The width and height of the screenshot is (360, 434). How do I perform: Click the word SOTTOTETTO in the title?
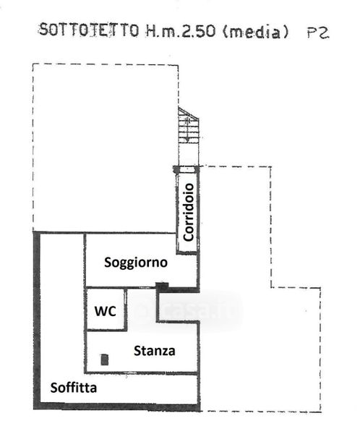(88, 30)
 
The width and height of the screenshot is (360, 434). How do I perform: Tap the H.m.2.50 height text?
(181, 30)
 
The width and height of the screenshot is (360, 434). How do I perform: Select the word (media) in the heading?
(255, 32)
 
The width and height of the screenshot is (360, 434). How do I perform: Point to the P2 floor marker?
(318, 33)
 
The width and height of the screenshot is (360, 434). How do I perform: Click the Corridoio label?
(189, 212)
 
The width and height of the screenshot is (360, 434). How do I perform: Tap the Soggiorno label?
(136, 263)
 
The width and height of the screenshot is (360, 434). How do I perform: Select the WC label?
(105, 311)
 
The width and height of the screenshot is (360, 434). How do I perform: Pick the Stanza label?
(155, 351)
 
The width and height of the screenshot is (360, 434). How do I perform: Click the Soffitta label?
(74, 388)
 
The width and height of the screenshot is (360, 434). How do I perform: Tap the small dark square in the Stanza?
(104, 359)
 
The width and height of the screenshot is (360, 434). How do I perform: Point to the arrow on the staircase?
(187, 129)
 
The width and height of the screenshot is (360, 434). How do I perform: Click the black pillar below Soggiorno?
(162, 286)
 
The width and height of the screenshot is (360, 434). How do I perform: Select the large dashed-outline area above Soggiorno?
(106, 148)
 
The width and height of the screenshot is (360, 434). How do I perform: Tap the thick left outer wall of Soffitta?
(37, 320)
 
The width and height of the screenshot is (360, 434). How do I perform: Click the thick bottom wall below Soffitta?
(116, 406)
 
